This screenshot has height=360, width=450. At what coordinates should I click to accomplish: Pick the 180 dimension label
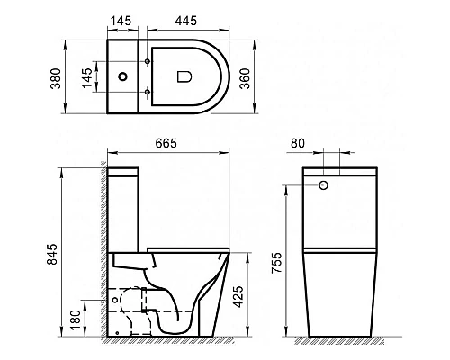(74, 318)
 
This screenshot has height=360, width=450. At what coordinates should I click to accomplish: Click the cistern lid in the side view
(123, 174)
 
